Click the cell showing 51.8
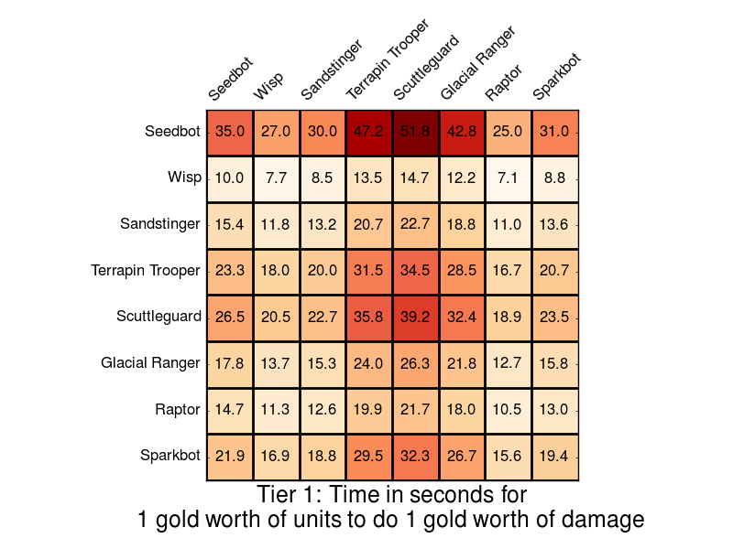coord(416,132)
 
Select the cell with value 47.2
coord(369,132)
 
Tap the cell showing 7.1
coord(509,178)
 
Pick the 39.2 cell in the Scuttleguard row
coord(416,317)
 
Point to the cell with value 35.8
coord(369,317)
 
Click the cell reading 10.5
coord(509,409)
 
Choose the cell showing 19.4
coord(555,456)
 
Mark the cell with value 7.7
coord(277,178)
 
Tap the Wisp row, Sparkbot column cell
coord(555,178)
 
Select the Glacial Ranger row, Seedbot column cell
coord(230,363)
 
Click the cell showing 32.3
coord(416,456)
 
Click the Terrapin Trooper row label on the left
coord(146,271)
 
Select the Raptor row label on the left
coord(178,409)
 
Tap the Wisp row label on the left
coord(185,178)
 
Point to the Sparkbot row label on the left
coord(170,456)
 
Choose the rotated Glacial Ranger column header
coord(477,63)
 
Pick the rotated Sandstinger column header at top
coord(331,70)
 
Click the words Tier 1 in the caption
coord(286,495)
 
